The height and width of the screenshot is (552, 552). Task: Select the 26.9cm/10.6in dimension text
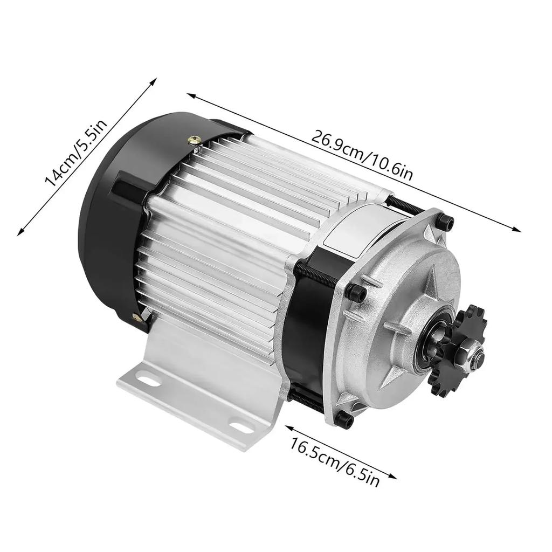click(x=362, y=157)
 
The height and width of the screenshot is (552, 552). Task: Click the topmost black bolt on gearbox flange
click(x=445, y=222)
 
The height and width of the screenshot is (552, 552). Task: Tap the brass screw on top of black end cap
click(x=194, y=141)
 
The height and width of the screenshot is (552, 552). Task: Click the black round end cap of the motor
click(x=108, y=216)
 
